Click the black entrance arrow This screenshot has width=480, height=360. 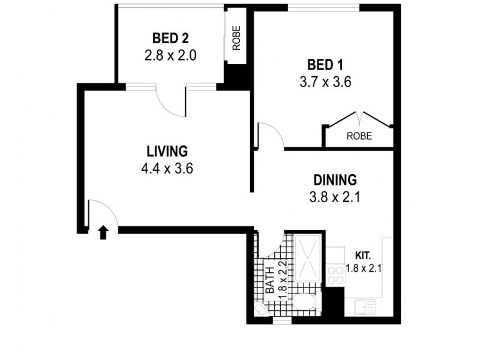(x=103, y=232)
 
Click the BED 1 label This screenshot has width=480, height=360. (x=325, y=64)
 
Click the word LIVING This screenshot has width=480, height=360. (x=167, y=151)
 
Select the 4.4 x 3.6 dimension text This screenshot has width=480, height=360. (x=167, y=169)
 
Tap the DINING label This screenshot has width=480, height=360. (x=335, y=180)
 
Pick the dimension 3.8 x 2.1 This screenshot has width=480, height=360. (x=335, y=197)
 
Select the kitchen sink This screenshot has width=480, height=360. (x=365, y=307)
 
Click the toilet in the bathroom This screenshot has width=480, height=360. (x=304, y=302)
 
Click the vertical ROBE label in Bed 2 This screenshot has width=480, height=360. (x=236, y=37)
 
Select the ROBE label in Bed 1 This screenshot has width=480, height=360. (x=359, y=136)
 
